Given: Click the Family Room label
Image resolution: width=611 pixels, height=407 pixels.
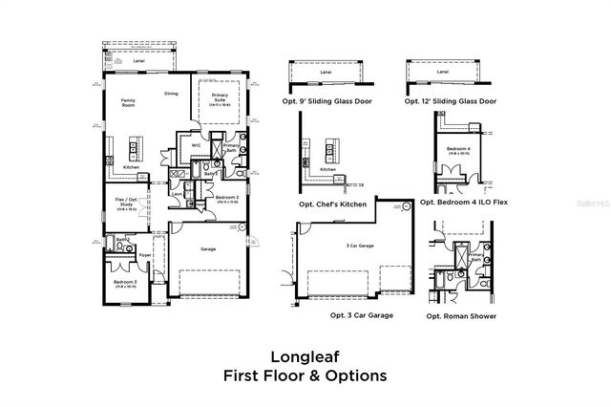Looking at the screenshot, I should [x=126, y=103].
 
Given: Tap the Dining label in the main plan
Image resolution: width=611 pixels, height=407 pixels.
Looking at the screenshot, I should [x=171, y=94].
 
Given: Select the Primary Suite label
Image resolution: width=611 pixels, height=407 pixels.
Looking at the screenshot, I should [x=221, y=97].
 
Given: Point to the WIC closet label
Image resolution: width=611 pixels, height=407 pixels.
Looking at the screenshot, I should [x=195, y=145].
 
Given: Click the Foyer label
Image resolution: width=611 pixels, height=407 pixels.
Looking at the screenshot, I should [x=146, y=255].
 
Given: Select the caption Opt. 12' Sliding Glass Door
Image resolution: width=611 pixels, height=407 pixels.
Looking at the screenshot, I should [x=450, y=100].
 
